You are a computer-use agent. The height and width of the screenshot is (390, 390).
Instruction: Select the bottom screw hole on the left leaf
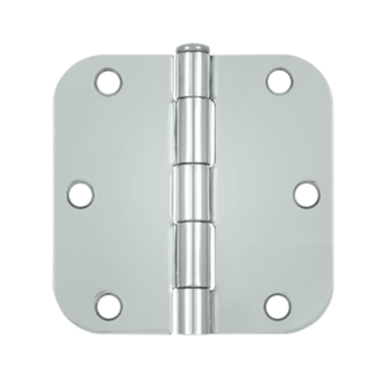(x=108, y=306)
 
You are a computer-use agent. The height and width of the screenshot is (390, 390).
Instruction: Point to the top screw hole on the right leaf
(x=278, y=80)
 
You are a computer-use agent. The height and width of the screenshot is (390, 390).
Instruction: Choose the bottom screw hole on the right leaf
(x=278, y=306)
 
